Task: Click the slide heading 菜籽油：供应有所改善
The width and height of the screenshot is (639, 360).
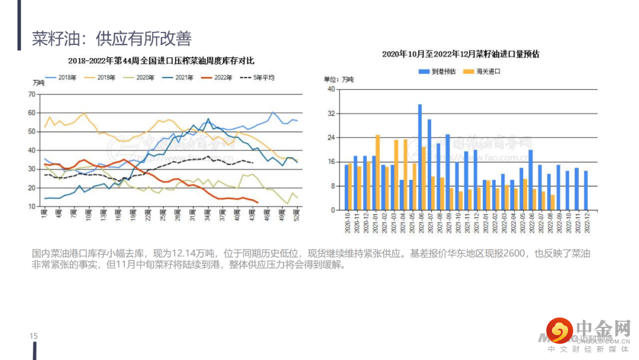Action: [112, 39]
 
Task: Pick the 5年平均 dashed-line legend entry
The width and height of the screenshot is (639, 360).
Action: [257, 77]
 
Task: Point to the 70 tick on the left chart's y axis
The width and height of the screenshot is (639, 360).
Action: [31, 94]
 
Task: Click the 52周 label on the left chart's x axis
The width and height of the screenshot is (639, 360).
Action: [296, 214]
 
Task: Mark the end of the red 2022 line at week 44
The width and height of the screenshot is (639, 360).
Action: [257, 202]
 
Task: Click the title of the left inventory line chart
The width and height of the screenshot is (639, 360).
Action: [161, 60]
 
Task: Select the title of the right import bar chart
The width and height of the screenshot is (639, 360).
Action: [461, 54]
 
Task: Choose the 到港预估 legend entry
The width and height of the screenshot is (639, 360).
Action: [437, 71]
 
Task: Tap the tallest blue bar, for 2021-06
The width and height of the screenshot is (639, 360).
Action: [420, 157]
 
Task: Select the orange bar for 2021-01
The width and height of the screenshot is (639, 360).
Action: [377, 172]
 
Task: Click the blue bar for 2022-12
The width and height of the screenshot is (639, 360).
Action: [586, 190]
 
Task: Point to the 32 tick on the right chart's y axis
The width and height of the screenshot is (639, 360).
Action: [331, 114]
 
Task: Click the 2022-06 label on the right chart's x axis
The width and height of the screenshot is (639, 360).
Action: [530, 223]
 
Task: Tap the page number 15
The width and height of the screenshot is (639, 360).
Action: [34, 336]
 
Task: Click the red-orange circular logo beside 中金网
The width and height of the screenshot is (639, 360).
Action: [560, 331]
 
